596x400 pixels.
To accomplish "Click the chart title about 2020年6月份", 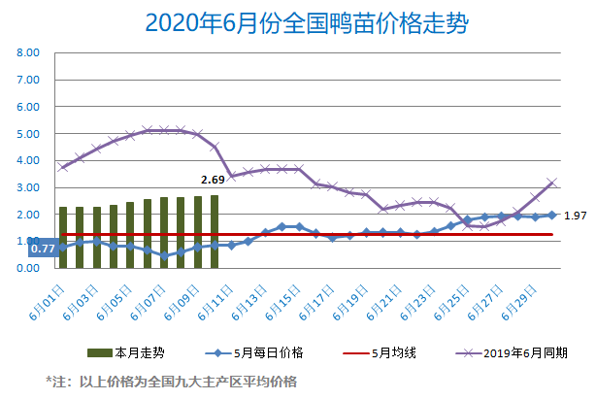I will (298, 22).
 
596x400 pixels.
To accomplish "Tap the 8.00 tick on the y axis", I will (27, 53).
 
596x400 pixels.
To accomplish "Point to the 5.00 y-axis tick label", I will (27, 134).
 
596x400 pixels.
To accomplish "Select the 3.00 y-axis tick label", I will (27, 187).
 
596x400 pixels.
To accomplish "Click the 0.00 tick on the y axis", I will (27, 268).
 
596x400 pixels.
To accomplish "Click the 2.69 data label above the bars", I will (213, 180).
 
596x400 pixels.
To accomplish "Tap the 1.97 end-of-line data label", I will (576, 215).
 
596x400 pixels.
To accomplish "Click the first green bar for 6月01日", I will (63, 237).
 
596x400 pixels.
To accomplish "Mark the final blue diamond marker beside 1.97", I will (552, 216).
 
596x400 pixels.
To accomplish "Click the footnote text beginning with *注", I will (172, 382).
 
